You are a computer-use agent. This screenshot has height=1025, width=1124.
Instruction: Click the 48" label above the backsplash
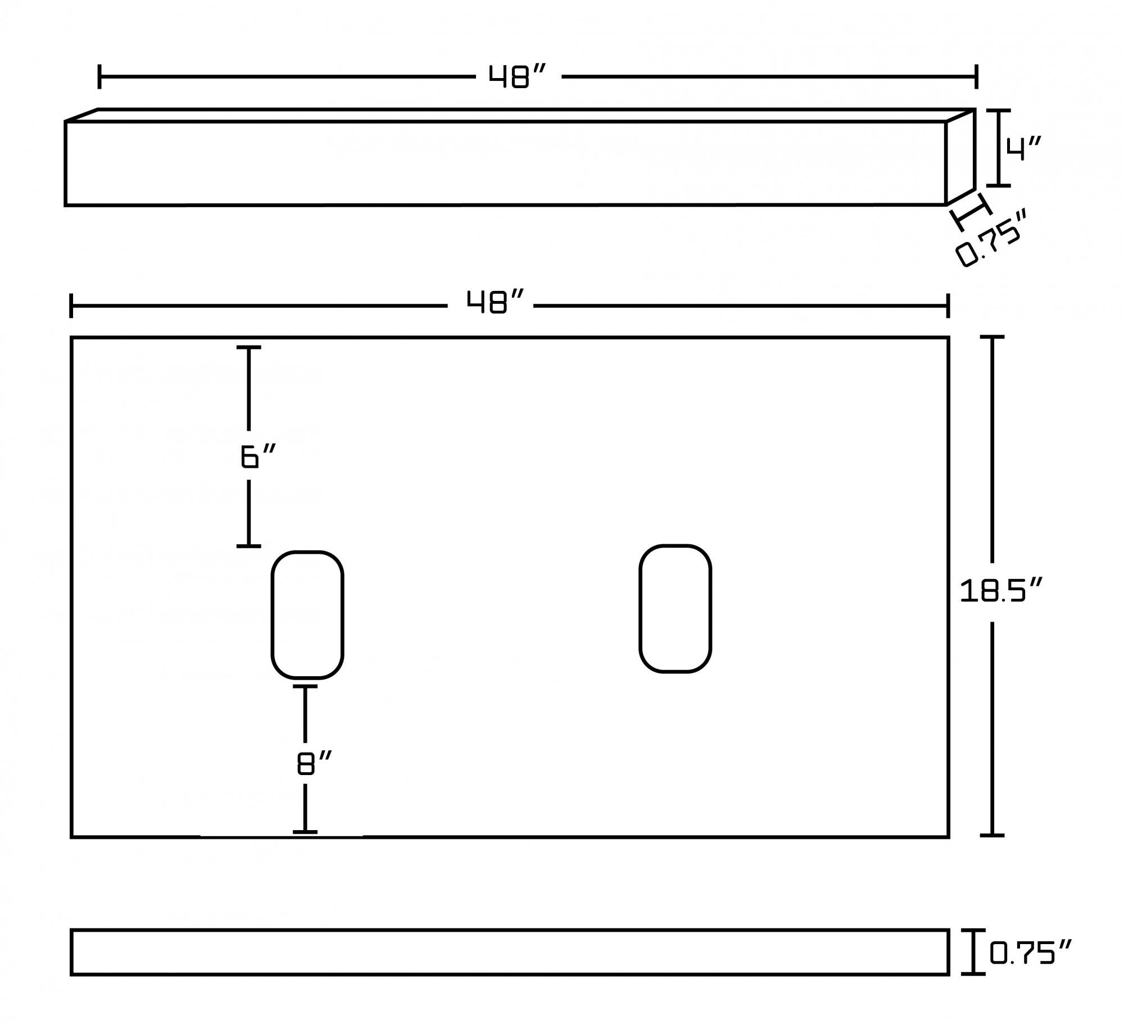coord(517,76)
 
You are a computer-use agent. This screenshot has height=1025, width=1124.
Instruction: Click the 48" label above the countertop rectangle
coord(495,302)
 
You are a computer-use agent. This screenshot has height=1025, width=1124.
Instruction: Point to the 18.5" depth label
coord(1001,591)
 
